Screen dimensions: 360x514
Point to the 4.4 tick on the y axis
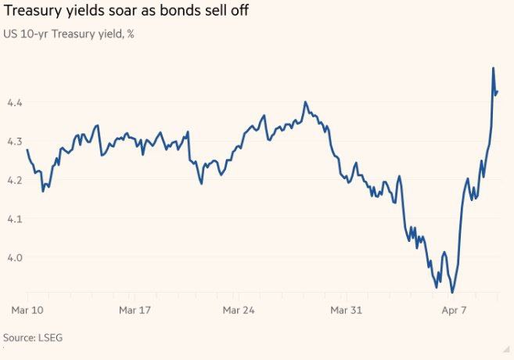coord(15,103)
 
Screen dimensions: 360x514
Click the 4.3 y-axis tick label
coord(15,141)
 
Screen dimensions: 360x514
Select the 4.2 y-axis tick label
coord(15,179)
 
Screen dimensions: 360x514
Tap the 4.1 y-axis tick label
coord(15,218)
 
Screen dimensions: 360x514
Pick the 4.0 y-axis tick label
coord(15,257)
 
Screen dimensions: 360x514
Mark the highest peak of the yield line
coord(493,68)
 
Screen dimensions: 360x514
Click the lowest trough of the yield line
coord(452,293)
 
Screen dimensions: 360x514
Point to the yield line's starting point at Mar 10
coord(27,149)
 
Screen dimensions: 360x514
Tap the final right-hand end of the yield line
coord(498,92)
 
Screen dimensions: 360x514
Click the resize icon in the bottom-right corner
coord(505,349)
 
